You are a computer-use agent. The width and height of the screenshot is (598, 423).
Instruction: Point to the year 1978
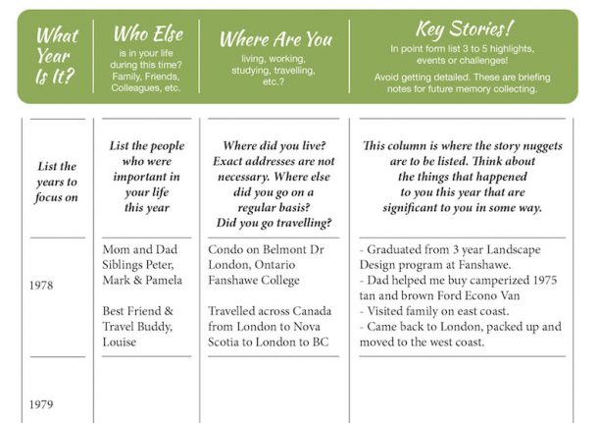point(41,286)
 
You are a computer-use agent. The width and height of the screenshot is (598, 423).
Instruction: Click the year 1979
point(41,403)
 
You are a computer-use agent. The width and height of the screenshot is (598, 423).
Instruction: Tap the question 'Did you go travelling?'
point(273,223)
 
